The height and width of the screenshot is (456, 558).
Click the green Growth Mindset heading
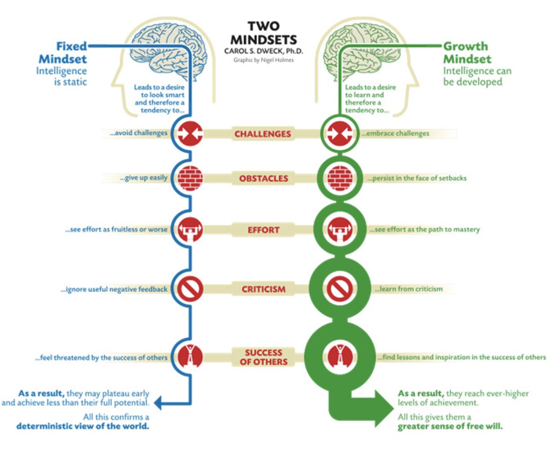pos(466,52)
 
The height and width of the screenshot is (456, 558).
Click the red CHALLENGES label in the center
pos(262,134)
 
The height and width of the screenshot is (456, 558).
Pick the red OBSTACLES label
pos(263,178)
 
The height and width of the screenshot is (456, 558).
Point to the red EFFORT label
pos(263,229)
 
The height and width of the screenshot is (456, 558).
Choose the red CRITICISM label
pos(263,289)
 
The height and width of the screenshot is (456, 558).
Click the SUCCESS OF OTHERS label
pos(263,357)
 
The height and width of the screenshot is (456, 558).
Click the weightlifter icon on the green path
pos(341,229)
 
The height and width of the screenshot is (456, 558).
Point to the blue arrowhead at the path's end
pos(158,403)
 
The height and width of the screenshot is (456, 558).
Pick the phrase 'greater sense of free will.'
pos(450,427)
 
